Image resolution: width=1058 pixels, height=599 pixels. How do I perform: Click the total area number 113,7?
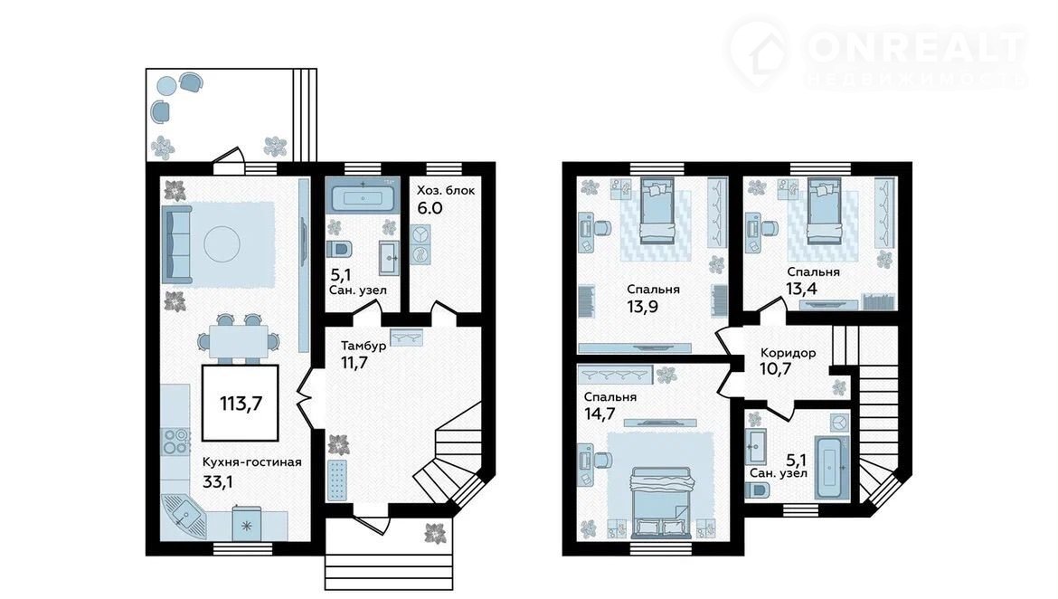[241, 404]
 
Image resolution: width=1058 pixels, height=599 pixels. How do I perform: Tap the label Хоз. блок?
[445, 190]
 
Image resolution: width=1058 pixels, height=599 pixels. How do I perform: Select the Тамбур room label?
[363, 346]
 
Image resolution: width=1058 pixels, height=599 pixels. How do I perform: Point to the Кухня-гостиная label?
[251, 462]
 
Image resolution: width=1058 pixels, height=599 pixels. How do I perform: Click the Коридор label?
[789, 353]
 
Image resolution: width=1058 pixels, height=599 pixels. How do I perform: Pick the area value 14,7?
[600, 414]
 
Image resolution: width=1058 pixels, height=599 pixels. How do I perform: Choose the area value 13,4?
[801, 289]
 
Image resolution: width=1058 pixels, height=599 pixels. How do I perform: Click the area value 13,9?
[642, 307]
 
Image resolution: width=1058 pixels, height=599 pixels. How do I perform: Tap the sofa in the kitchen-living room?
[176, 244]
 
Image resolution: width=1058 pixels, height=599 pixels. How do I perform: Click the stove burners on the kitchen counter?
[175, 441]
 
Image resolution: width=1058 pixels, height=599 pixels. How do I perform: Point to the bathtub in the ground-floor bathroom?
[363, 198]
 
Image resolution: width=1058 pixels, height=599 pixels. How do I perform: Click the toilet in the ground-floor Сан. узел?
[339, 249]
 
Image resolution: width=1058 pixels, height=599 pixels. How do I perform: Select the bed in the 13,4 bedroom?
[824, 211]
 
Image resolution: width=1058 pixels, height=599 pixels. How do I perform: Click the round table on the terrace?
[166, 86]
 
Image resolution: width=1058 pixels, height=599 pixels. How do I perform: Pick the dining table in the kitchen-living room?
[238, 341]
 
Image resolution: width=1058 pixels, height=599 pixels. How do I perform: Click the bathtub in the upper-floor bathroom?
[829, 467]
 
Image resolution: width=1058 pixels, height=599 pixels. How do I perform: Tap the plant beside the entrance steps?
[435, 534]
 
